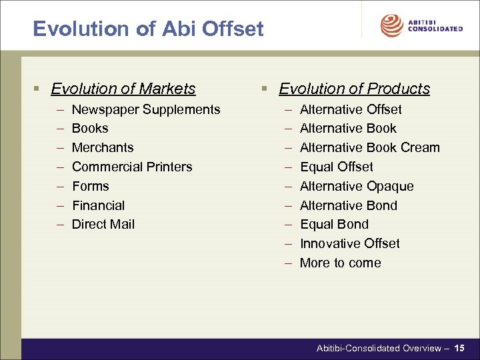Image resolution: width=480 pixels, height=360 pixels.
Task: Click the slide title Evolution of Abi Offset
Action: [148, 29]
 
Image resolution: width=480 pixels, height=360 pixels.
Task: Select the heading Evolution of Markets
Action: [123, 89]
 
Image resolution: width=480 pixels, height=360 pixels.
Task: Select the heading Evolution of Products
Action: [354, 89]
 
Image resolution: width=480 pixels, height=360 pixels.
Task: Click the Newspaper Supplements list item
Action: [146, 109]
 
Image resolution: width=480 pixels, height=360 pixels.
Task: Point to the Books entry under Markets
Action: [90, 128]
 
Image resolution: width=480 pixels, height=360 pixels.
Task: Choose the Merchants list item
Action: [103, 147]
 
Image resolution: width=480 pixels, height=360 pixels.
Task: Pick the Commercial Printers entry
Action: [132, 167]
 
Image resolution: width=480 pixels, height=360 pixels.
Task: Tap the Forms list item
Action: [91, 186]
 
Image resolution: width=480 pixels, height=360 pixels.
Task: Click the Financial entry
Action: [98, 205]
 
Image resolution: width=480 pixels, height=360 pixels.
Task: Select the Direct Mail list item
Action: [103, 224]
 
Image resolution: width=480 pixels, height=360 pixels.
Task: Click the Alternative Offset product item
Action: [351, 109]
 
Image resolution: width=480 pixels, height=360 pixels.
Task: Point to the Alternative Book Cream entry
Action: [370, 147]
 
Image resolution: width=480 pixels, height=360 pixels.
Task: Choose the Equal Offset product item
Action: [337, 167]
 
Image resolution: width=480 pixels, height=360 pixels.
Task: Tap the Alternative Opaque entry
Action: [357, 186]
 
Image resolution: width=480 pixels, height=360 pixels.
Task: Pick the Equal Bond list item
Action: [334, 224]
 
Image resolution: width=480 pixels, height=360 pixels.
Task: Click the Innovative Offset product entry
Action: [350, 243]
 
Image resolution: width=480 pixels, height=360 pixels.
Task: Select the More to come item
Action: [341, 263]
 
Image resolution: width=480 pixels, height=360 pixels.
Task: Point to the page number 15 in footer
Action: [460, 348]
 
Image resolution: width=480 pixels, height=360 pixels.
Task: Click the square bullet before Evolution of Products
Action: [265, 89]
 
